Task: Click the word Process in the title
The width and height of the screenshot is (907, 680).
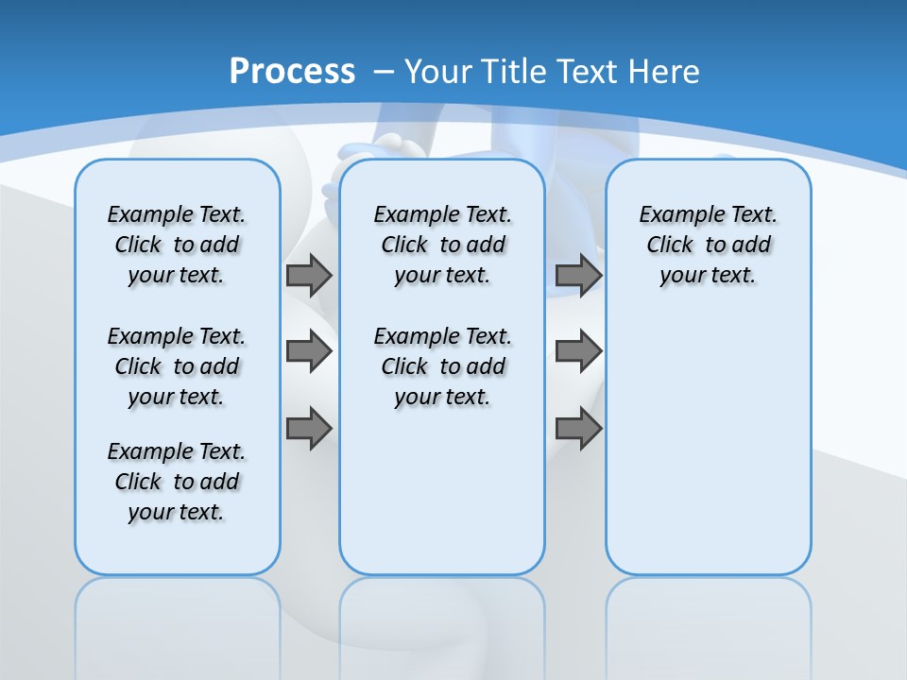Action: click(292, 72)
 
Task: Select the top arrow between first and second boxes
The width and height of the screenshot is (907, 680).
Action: click(309, 275)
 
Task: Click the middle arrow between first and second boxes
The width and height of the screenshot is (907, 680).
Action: click(309, 351)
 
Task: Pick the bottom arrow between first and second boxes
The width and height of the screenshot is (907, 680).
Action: click(309, 428)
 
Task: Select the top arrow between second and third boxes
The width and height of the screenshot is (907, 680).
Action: click(578, 275)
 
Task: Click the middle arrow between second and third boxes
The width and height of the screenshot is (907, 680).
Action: click(578, 351)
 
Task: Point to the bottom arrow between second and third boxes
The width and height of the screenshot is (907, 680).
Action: click(578, 428)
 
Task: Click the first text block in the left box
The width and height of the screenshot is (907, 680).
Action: click(177, 245)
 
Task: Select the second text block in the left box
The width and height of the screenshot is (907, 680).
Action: click(177, 366)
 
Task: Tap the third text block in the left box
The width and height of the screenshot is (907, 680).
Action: click(177, 482)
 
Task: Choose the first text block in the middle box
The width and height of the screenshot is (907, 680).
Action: click(443, 245)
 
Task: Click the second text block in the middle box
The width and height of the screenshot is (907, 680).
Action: click(443, 366)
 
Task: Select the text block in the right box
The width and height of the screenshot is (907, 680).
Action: click(709, 245)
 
